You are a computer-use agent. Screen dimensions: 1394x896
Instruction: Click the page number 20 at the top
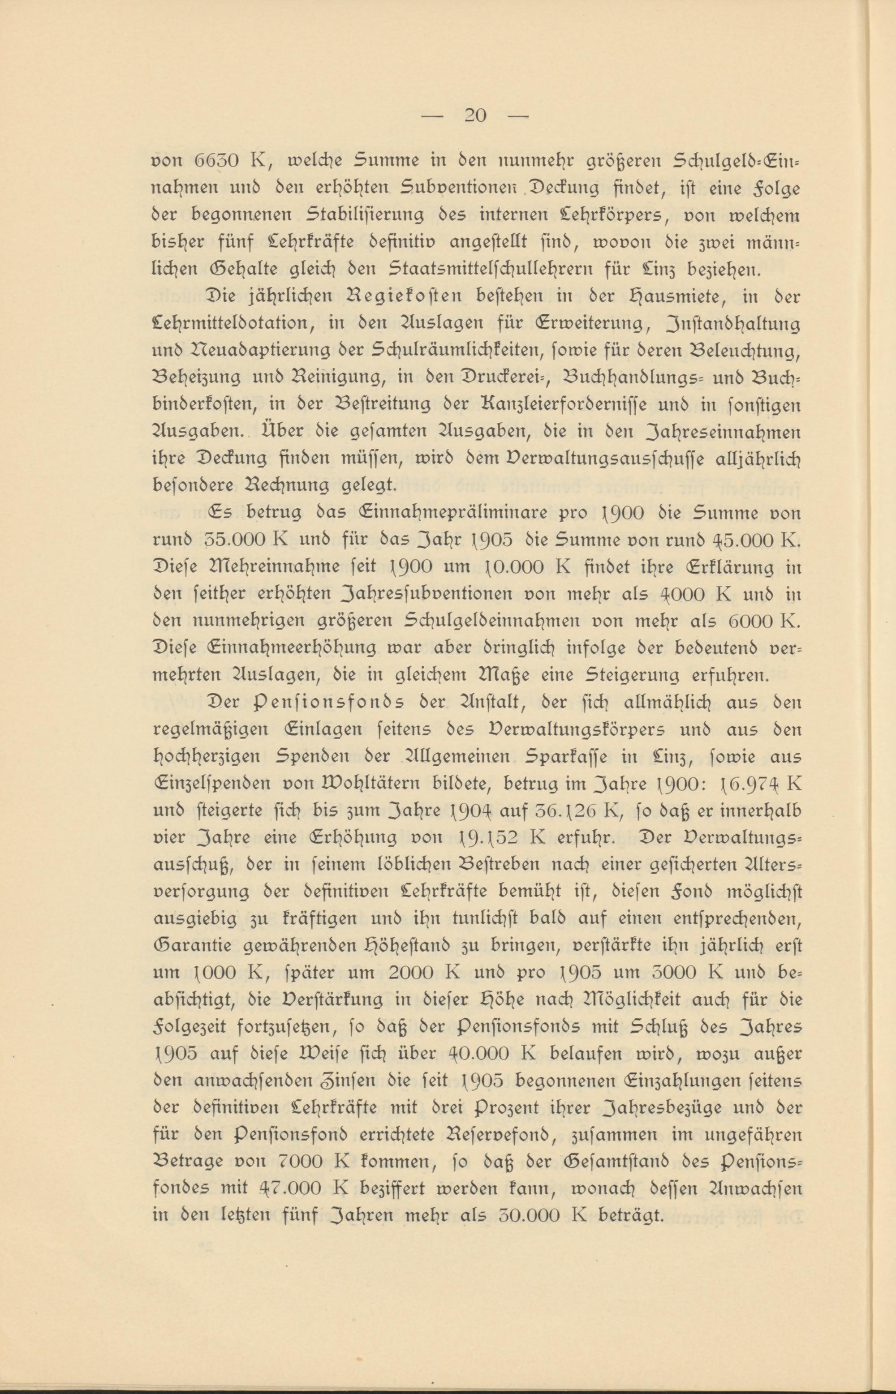click(475, 115)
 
